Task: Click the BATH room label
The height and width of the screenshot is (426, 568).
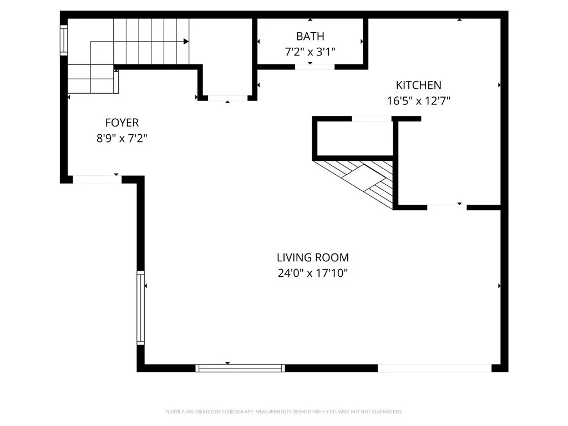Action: click(310, 37)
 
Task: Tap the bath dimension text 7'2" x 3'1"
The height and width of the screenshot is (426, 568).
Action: click(310, 52)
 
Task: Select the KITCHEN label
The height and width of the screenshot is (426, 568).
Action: click(418, 85)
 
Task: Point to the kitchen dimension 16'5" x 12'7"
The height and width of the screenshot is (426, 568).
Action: click(418, 101)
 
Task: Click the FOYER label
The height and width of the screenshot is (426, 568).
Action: click(122, 123)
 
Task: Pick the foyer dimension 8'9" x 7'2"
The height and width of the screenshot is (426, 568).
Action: click(122, 138)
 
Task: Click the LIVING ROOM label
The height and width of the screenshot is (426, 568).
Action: click(313, 257)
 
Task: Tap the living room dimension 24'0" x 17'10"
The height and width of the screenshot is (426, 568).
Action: click(313, 273)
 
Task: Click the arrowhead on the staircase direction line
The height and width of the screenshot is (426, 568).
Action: click(186, 41)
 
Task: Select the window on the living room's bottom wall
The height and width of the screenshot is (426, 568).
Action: click(241, 368)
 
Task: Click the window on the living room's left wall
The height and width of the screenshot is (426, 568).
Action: click(140, 308)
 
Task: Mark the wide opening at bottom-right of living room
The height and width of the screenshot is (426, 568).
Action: click(434, 368)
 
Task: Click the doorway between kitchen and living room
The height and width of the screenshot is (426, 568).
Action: click(447, 207)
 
